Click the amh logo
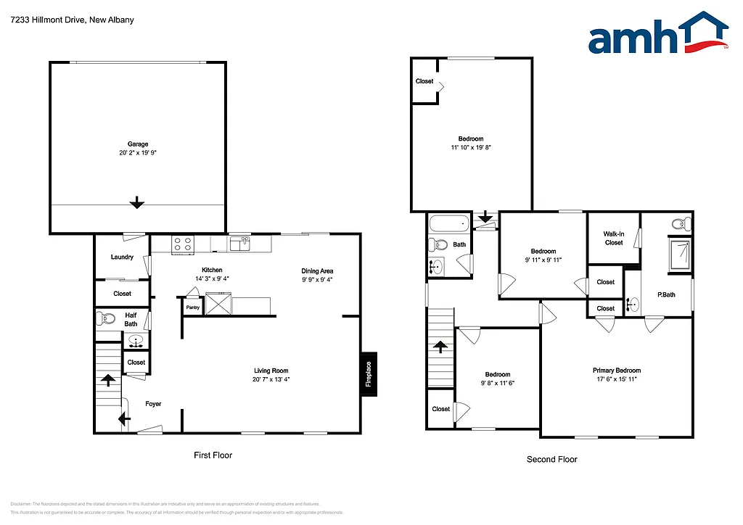[657, 35]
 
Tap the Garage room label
[138, 144]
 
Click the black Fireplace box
[369, 374]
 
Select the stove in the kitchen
[183, 244]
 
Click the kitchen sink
[239, 244]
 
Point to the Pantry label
[192, 307]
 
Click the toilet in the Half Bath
[107, 318]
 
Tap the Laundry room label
[122, 257]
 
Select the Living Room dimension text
[271, 379]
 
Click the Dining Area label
[317, 271]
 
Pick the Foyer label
[153, 404]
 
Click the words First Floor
[213, 455]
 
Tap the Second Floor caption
[551, 459]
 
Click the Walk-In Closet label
[614, 238]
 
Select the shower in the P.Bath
[681, 255]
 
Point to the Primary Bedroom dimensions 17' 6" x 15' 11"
[616, 379]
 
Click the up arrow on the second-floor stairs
[439, 347]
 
